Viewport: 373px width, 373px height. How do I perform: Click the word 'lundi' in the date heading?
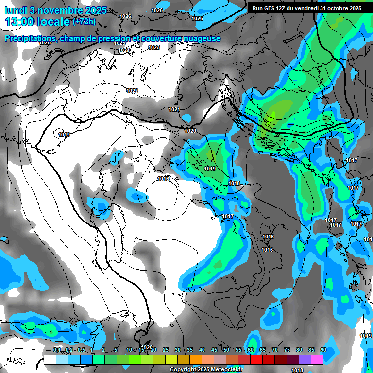[16, 10]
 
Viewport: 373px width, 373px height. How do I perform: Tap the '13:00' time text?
[21, 21]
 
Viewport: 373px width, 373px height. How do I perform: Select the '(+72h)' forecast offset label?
[84, 21]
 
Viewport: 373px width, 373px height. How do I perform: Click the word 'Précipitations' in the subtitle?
[30, 38]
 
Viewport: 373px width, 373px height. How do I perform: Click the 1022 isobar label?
[132, 91]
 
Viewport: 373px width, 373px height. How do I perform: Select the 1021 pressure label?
[174, 109]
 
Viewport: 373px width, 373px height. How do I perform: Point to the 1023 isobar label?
[154, 47]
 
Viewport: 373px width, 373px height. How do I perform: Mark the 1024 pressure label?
[123, 50]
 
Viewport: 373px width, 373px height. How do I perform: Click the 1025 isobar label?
[119, 43]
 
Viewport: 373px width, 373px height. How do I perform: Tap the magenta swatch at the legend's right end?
[317, 360]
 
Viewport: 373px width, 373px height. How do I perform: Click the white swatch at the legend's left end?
[50, 360]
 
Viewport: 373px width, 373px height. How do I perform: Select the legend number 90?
[323, 350]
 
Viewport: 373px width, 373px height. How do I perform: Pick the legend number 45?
[214, 350]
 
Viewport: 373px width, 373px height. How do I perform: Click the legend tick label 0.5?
[81, 350]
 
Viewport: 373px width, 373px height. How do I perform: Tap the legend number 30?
[178, 350]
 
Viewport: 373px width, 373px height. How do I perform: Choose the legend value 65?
[263, 350]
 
